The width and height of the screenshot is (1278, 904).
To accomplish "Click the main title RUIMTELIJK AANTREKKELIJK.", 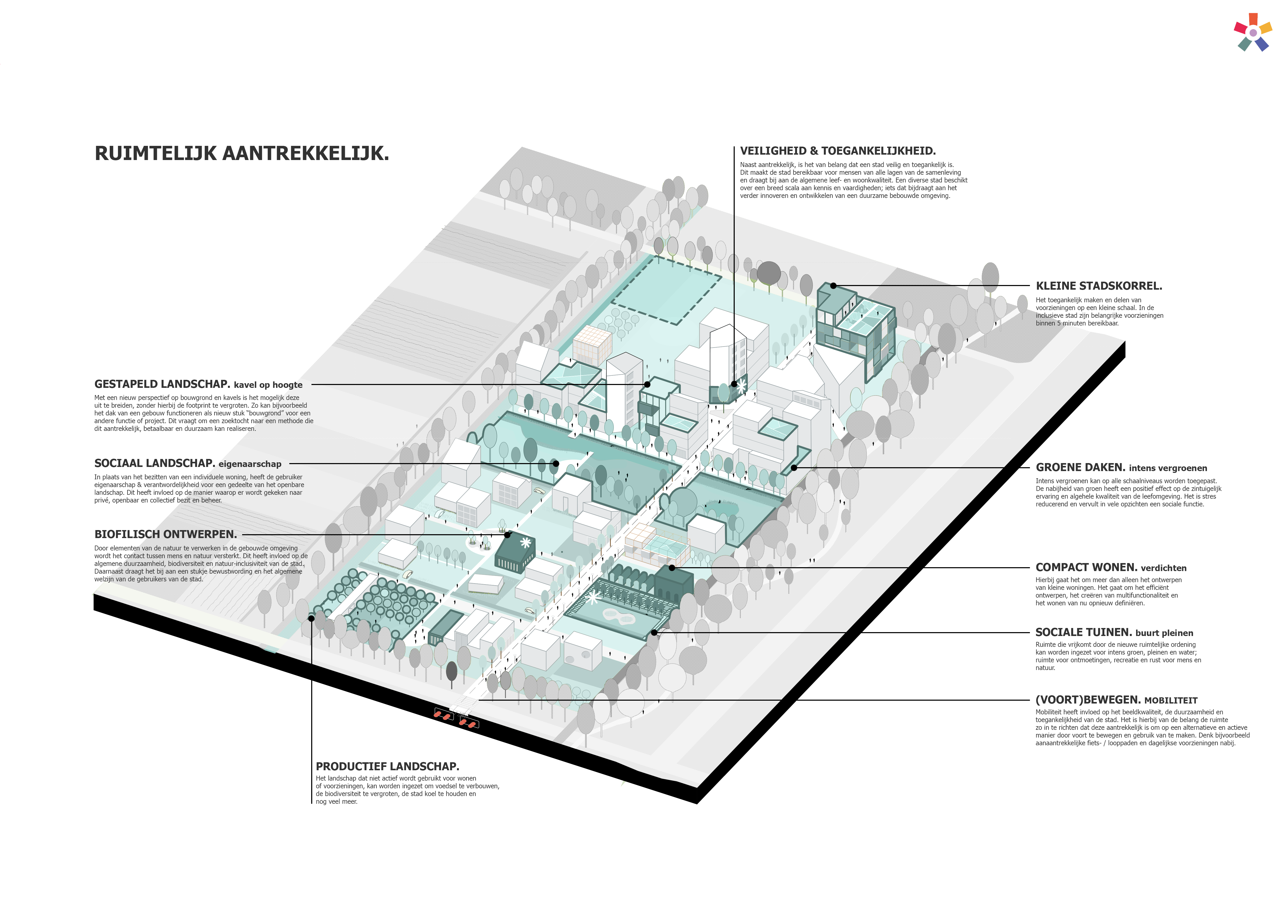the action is (x=242, y=153).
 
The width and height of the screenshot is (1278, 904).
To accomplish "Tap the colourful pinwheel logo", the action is (x=1253, y=32).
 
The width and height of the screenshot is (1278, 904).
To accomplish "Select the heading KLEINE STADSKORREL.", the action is (x=1099, y=286).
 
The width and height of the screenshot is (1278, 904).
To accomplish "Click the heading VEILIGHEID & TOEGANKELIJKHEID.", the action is (x=838, y=151).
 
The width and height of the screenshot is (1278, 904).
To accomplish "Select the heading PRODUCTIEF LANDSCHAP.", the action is (x=387, y=766).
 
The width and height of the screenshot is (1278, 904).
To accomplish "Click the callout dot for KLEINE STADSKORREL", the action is (x=833, y=286).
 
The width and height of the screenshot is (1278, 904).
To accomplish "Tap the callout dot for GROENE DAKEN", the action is (x=794, y=467).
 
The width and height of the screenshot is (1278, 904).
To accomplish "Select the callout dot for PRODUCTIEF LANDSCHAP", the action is (x=311, y=618).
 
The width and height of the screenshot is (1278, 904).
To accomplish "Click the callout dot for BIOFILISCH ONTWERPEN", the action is (x=507, y=535).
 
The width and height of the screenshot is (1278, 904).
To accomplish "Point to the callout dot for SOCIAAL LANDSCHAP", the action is (x=555, y=463).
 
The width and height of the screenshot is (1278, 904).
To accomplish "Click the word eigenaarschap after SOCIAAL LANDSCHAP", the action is (x=250, y=464).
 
